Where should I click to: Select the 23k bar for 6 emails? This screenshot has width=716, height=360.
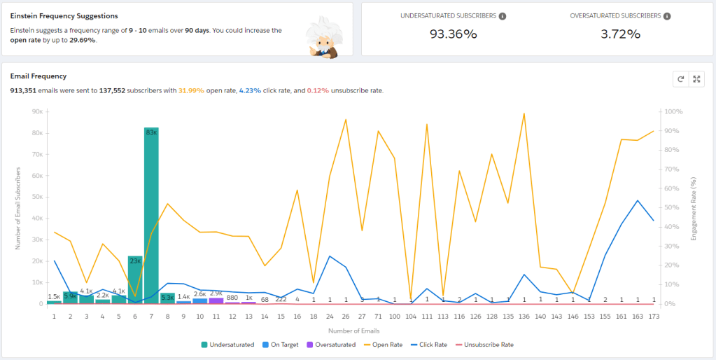pos(135,279)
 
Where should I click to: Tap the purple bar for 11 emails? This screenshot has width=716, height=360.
pos(216,300)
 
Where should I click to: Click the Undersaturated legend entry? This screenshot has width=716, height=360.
pos(227,345)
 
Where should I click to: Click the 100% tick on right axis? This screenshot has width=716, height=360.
pos(673,111)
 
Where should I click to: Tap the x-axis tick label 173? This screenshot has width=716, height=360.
pos(654,317)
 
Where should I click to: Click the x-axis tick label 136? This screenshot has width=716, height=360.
pos(524,317)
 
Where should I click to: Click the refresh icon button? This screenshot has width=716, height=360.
pos(680,79)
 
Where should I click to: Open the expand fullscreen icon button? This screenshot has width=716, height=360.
pos(696,79)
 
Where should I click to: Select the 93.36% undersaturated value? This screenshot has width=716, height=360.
pos(453,34)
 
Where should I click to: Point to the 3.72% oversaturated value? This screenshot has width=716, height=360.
pos(620,34)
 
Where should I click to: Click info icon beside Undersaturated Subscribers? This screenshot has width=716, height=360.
pos(503,16)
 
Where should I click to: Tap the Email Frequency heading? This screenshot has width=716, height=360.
pos(38,76)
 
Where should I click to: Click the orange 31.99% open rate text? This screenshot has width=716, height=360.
pos(191,90)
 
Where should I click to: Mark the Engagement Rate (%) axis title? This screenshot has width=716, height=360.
pos(694,209)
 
